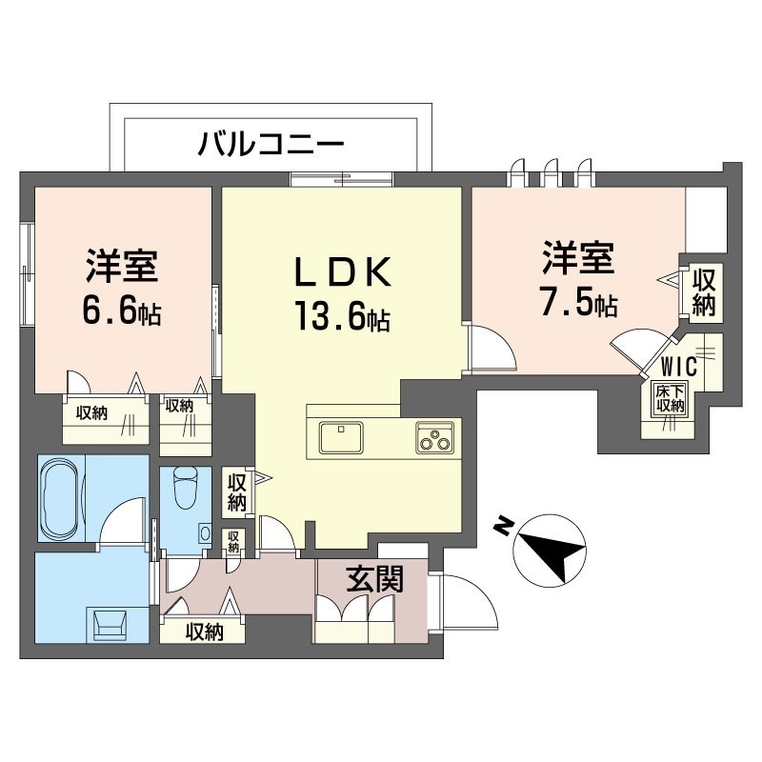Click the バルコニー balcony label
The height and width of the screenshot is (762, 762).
tap(271, 144)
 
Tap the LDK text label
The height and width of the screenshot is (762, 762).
tap(343, 272)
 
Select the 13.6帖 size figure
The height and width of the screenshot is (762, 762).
tap(343, 316)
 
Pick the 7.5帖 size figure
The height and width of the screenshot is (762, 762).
tap(579, 302)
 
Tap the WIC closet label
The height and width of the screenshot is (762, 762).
tap(679, 367)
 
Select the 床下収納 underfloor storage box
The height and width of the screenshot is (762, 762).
tap(671, 398)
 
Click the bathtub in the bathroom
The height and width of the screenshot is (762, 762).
tap(59, 498)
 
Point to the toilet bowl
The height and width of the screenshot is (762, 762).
tap(186, 487)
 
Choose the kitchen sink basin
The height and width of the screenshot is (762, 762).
tap(341, 437)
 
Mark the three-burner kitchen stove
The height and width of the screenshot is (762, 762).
tap(434, 437)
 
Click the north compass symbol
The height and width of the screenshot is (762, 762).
tap(550, 550)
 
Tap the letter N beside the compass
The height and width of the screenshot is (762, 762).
tap(503, 526)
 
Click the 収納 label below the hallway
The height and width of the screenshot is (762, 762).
tap(204, 632)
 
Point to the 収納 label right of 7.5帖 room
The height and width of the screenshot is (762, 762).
tap(703, 293)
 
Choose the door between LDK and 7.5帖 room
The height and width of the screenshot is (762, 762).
tap(491, 348)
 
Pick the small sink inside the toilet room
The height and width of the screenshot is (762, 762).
tap(205, 533)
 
